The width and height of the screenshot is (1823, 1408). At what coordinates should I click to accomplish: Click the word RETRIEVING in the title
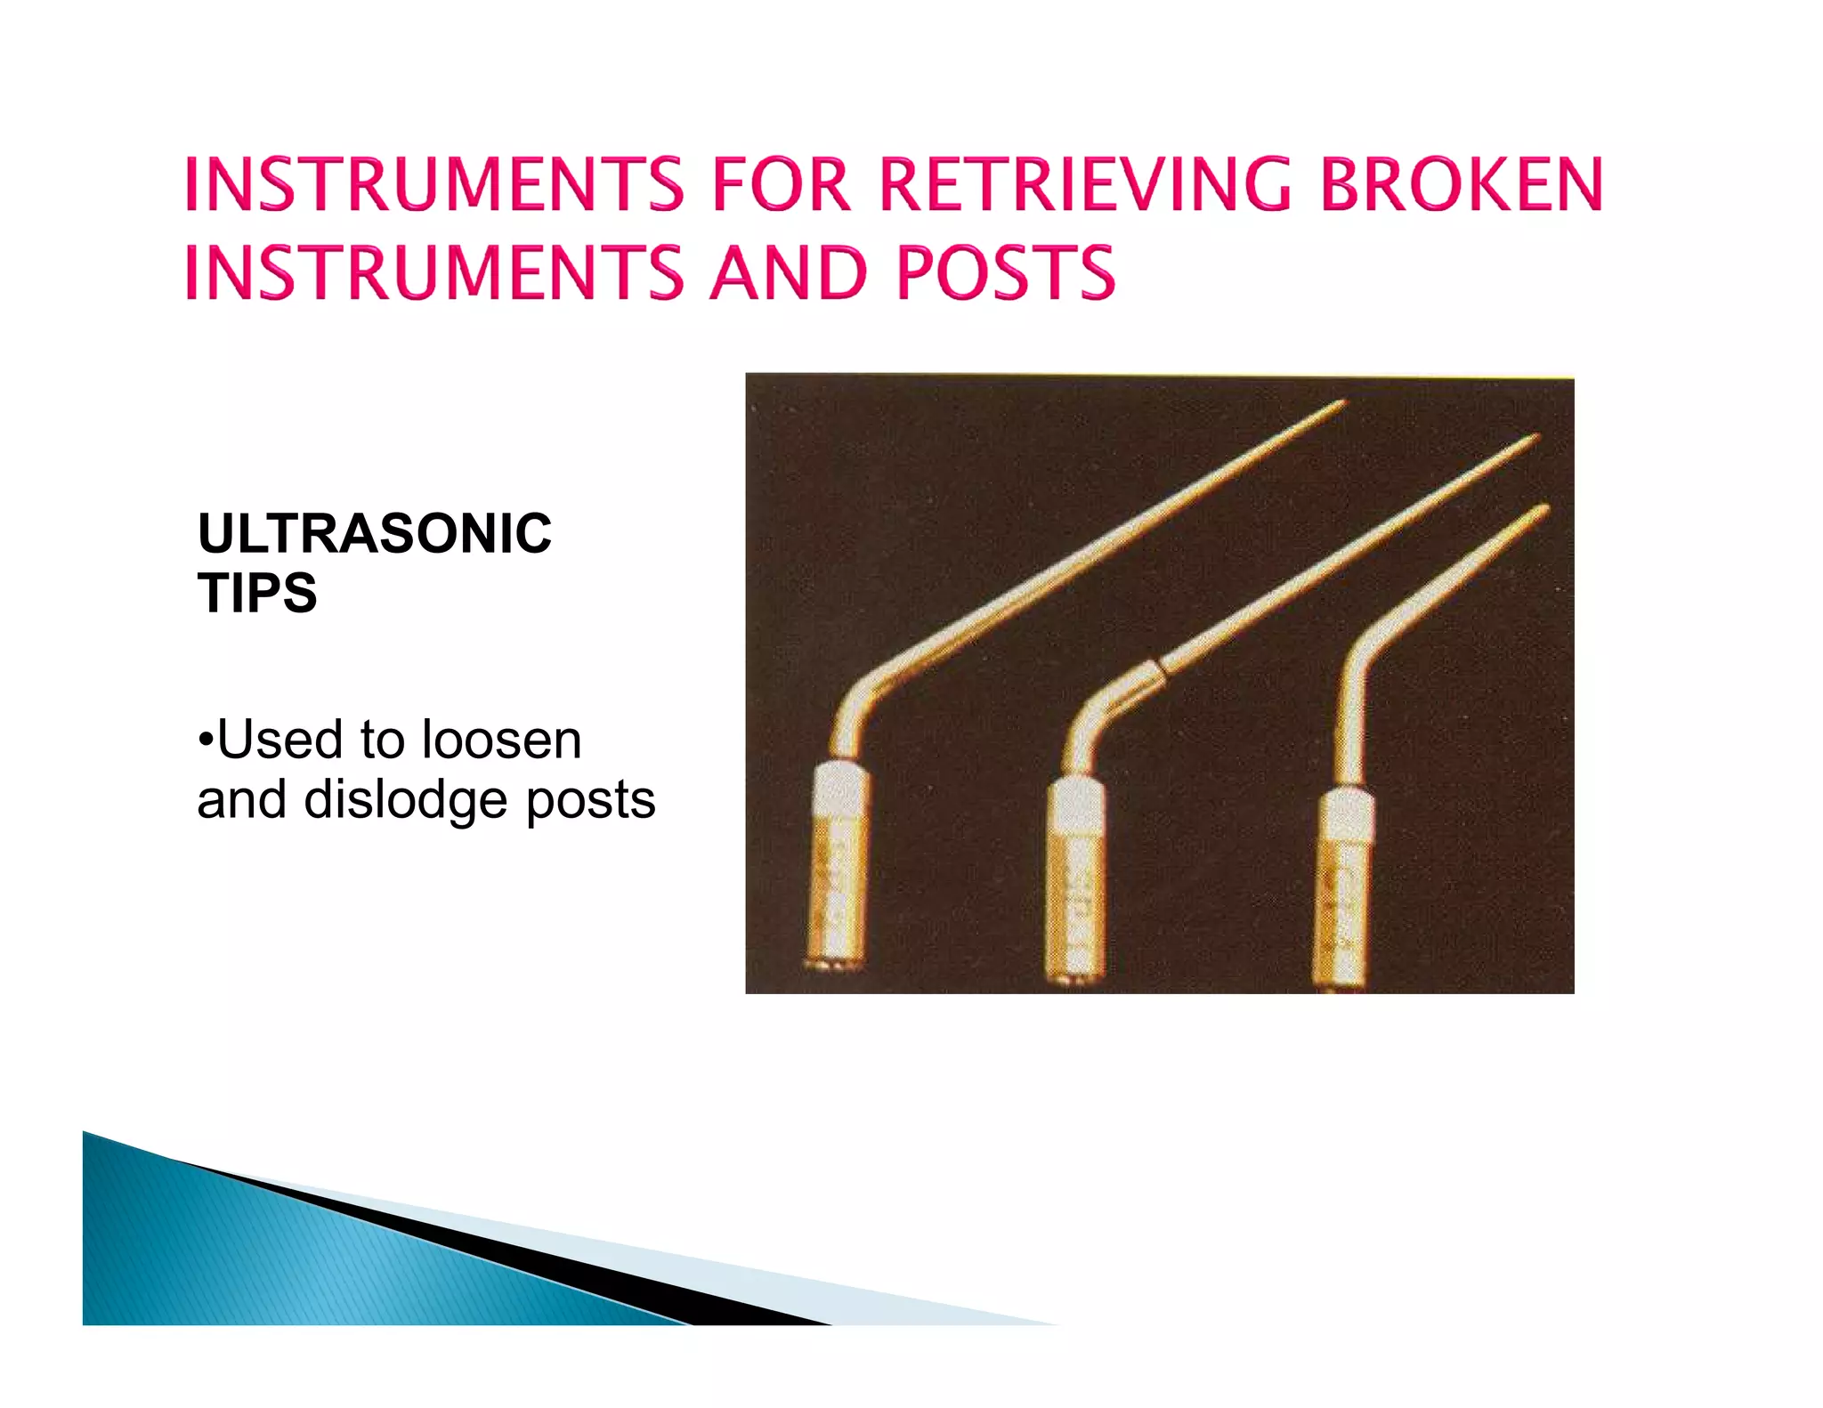pos(1084,184)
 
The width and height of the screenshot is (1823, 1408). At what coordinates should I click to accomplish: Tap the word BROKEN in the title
pos(1461,184)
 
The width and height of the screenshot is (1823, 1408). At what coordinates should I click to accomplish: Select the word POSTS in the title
pos(1005,271)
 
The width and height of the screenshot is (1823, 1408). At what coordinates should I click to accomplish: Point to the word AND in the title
pos(789,271)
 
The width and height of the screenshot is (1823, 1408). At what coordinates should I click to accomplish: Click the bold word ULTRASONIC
pos(375,533)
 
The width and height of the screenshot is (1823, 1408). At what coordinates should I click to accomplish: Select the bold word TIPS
pos(257,593)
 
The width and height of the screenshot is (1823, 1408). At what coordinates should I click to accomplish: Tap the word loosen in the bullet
pos(501,740)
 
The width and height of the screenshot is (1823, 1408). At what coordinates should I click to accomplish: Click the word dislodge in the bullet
pos(407,799)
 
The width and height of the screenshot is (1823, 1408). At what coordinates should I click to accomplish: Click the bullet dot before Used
pos(206,739)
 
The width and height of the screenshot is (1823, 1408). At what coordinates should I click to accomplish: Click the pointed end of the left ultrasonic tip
pos(1343,403)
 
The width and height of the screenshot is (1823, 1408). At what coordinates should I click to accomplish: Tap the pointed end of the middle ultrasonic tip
pos(1535,437)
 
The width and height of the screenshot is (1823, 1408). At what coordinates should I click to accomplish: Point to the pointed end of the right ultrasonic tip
pos(1544,508)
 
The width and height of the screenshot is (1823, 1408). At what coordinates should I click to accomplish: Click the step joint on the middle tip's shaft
pos(1159,666)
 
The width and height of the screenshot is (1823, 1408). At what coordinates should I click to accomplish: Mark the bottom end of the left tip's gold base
pos(833,964)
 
